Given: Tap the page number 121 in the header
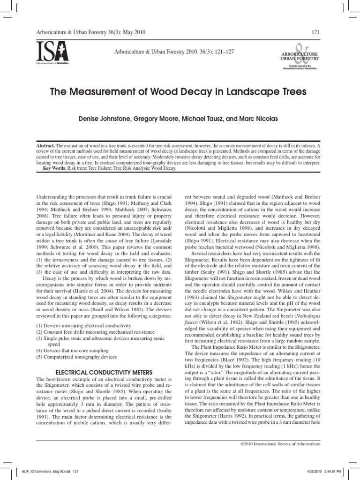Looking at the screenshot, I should pos(315,31).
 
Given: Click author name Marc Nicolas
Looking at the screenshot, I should pos(259,119).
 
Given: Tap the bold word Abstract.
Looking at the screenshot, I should pos(46,146).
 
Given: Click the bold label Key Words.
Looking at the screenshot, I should pos(55,168).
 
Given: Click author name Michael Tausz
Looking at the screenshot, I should pos(207,119).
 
